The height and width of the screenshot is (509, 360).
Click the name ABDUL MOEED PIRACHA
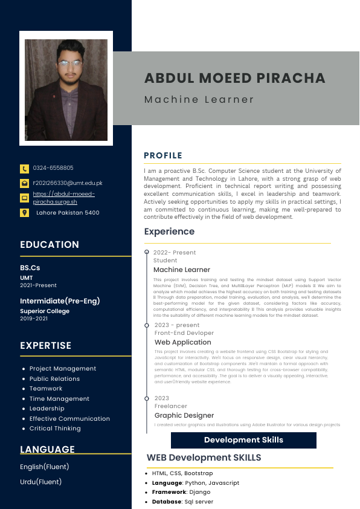[x=234, y=78]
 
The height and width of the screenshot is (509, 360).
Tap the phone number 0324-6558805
[x=53, y=168]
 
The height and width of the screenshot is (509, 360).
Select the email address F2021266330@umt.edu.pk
[x=68, y=183]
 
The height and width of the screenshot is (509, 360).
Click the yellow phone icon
[x=24, y=169]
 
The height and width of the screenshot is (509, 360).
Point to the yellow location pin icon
[x=24, y=213]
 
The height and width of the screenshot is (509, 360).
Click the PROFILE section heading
[x=163, y=156]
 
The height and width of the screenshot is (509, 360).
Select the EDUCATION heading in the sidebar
[x=50, y=245]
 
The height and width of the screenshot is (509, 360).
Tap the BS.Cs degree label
[x=30, y=268]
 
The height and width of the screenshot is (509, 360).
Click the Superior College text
[x=45, y=311]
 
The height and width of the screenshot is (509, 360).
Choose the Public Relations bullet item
[x=54, y=379]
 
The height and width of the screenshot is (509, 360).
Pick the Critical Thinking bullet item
[x=55, y=429]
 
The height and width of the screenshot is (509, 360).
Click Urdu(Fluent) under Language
[x=40, y=482]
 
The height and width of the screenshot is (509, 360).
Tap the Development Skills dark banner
[x=243, y=440]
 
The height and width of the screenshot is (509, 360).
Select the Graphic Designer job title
[x=184, y=415]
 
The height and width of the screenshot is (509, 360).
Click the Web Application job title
[x=183, y=342]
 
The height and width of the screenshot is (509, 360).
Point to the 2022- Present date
[x=175, y=253]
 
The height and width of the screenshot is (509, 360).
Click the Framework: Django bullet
[x=181, y=493]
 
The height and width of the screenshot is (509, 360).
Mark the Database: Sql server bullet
[x=182, y=502]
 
